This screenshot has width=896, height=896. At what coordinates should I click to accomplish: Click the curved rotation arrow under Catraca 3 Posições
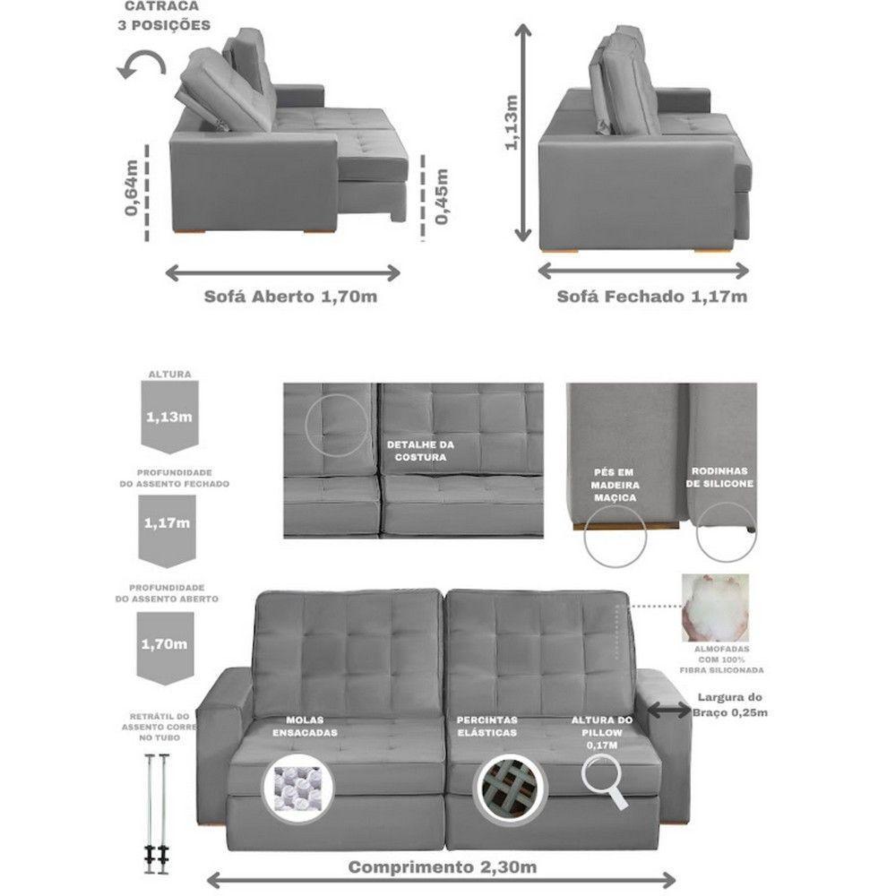[x=142, y=64]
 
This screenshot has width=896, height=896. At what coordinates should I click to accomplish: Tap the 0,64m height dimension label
[x=132, y=187]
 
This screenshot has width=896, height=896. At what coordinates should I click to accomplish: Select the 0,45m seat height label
[x=442, y=196]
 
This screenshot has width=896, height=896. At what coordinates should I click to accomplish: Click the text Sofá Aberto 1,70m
[x=290, y=297]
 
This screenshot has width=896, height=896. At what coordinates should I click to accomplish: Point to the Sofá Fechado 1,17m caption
[x=652, y=297]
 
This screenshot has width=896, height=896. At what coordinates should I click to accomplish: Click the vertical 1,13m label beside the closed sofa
[x=511, y=123]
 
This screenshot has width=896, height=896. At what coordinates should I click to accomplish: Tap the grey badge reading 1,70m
[x=165, y=649]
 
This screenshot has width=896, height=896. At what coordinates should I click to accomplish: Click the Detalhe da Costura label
[x=420, y=451]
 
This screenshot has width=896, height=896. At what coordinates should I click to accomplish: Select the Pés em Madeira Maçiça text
[x=615, y=485]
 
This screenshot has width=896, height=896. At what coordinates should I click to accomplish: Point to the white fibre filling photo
[x=715, y=608]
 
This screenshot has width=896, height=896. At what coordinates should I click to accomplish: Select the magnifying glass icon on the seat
[x=605, y=781]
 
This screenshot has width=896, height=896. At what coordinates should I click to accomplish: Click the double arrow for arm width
[x=669, y=711]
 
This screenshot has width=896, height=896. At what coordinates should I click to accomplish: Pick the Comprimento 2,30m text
[x=443, y=866]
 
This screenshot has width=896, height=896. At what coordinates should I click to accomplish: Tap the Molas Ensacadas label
[x=305, y=727]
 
